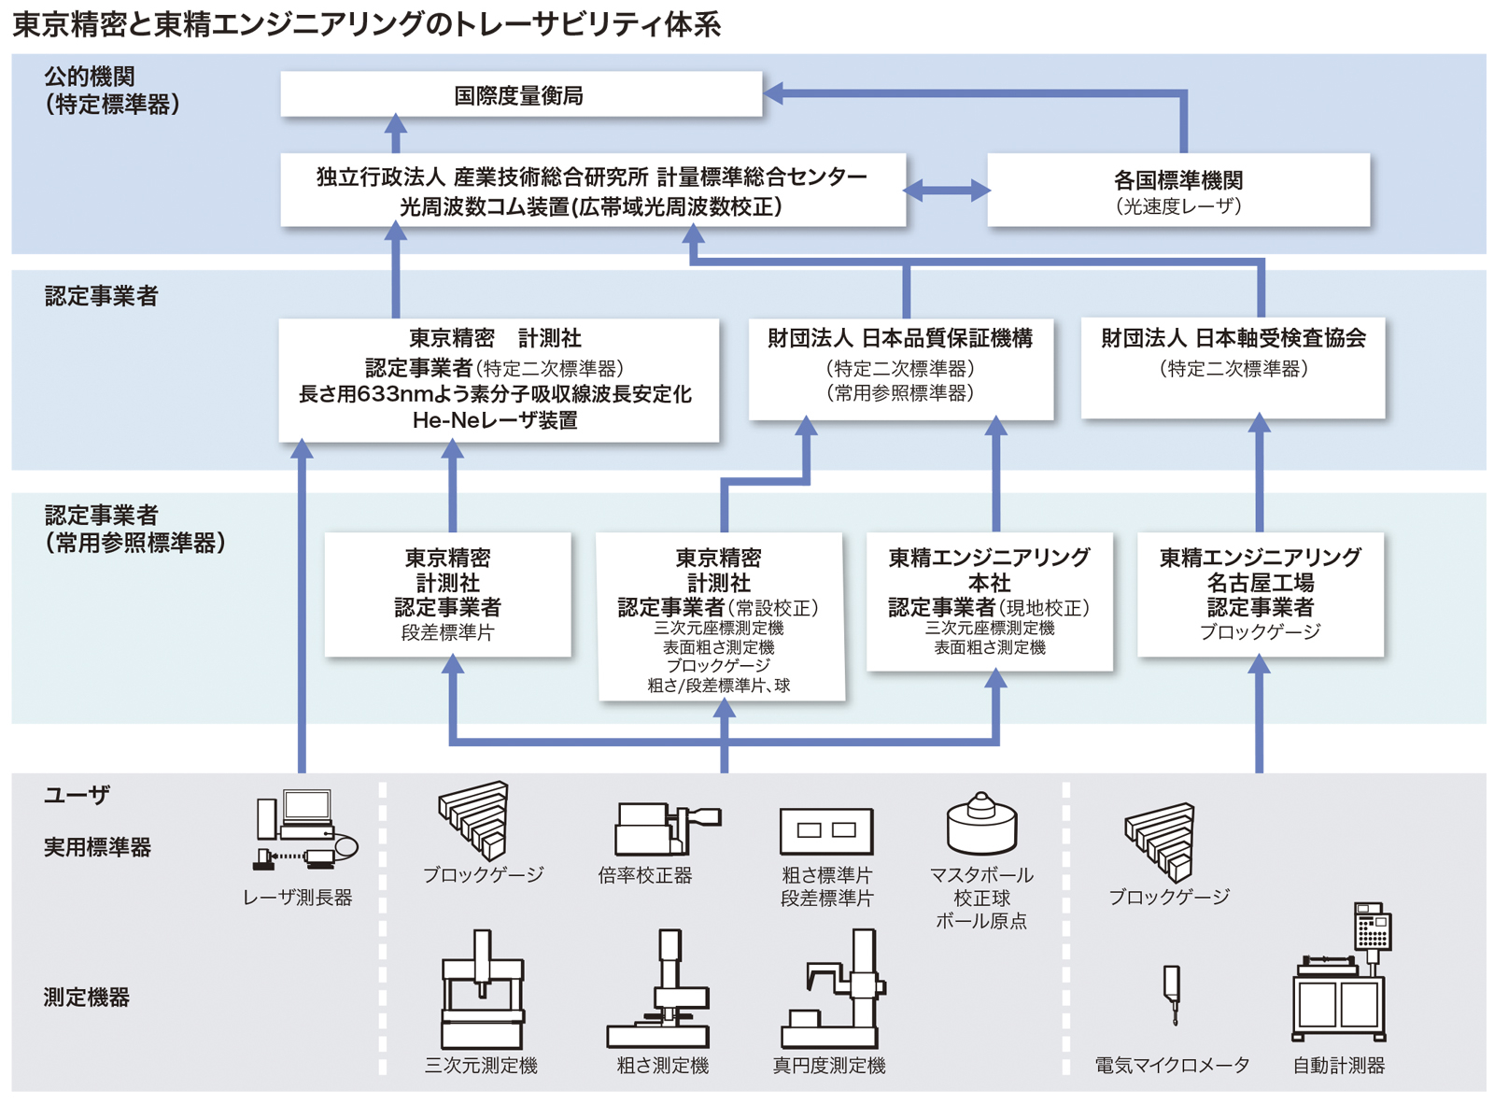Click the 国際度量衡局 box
pos(520,95)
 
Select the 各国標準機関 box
pos(1178,191)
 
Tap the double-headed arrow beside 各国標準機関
pos(947,191)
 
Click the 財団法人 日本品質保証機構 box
pos(900,369)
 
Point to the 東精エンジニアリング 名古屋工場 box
pos(1260,594)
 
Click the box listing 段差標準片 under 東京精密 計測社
pos(447,594)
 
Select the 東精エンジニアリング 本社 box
pos(989,601)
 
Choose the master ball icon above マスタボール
pos(981,824)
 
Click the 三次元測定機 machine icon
pos(482,991)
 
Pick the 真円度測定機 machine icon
pos(833,991)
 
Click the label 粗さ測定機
pos(662,1066)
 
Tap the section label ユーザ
pos(77,795)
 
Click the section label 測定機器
pos(86,998)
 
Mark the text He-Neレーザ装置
pos(495,421)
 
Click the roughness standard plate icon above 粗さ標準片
pos(826,830)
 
